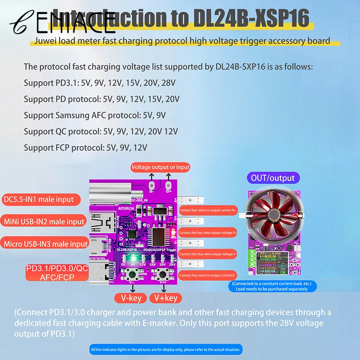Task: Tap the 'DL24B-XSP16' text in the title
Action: tap(252, 18)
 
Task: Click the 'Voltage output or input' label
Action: tap(161, 167)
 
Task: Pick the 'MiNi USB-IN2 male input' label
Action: tap(44, 221)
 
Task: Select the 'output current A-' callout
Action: tap(208, 274)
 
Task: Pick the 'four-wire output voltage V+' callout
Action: tap(208, 232)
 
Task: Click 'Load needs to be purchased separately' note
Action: tap(274, 289)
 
